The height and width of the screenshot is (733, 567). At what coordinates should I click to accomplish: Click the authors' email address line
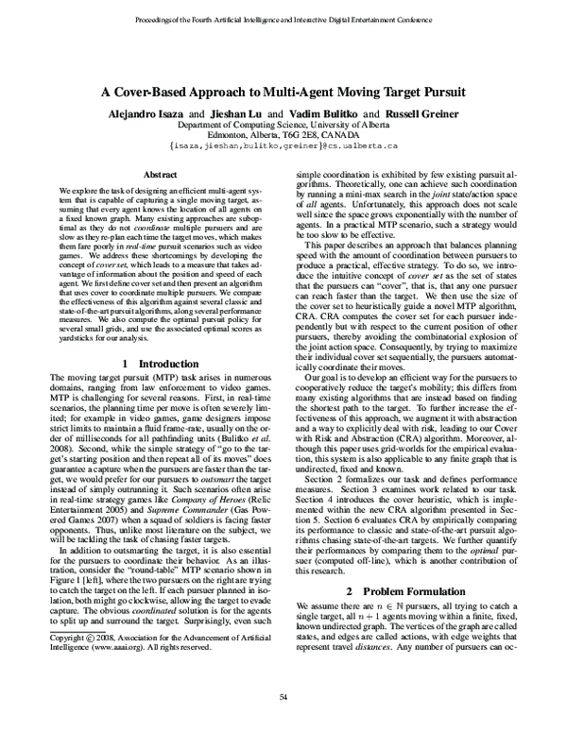pos(283,146)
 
